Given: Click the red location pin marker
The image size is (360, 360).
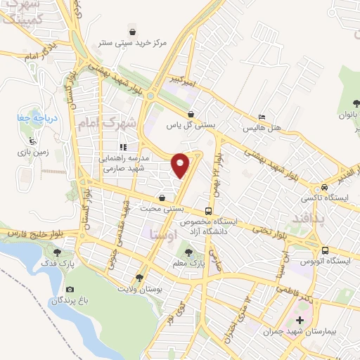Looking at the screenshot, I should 181,165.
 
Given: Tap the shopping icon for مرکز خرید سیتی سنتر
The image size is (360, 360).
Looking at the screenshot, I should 132,30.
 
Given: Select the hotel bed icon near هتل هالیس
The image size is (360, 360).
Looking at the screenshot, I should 262,117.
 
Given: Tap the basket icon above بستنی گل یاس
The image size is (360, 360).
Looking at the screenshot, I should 190,114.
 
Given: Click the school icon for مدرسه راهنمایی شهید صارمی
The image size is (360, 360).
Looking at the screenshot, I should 123,148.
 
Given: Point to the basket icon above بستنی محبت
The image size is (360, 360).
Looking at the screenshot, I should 162,198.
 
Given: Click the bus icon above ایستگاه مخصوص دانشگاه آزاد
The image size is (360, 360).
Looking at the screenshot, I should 208,210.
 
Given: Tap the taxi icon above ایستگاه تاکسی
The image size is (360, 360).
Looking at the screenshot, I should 324,187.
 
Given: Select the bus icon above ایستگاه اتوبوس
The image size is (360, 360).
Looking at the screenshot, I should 325,250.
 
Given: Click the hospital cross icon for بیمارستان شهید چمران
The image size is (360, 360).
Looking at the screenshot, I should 300,320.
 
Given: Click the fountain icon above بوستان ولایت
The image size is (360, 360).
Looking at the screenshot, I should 139,278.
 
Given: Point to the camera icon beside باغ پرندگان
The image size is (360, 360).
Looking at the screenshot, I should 70,290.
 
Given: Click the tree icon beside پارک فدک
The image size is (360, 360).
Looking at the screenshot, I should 57,252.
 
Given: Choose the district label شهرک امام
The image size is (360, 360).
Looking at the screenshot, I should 118,124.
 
